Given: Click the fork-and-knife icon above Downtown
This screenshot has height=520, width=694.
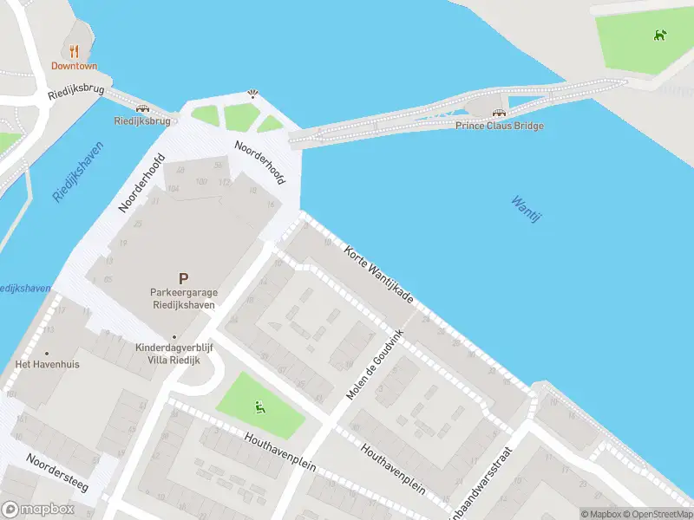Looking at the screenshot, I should [74, 50].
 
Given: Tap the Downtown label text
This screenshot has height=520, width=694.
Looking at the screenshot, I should [74, 66].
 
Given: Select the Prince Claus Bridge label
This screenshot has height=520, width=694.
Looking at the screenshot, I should [500, 126].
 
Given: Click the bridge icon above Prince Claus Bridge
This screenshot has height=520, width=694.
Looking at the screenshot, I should [499, 113].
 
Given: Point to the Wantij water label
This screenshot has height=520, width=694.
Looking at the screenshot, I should [526, 209].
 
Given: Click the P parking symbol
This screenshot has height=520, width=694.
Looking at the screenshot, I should [183, 278].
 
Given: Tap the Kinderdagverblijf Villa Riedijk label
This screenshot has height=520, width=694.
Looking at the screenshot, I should [175, 353].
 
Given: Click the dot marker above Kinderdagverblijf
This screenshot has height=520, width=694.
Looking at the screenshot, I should [174, 336].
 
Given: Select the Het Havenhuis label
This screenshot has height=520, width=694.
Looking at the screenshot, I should [48, 364].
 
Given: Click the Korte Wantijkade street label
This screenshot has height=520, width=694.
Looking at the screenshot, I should [379, 273].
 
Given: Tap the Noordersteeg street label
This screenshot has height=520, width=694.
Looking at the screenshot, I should [56, 473].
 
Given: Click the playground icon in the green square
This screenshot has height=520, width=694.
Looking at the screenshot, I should [259, 406].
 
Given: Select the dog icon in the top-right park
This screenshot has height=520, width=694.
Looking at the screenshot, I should [661, 36].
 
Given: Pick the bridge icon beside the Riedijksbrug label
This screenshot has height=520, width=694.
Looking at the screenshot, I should [142, 108].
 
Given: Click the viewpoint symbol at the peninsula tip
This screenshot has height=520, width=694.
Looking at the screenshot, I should [252, 93].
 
